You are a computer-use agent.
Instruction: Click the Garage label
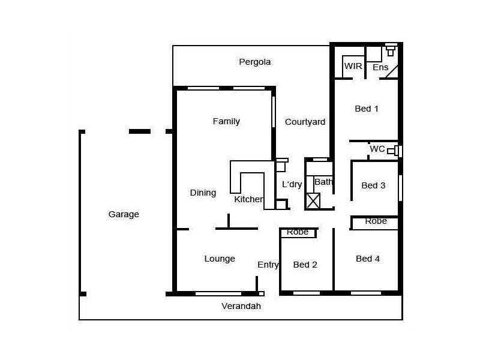pos(124,214)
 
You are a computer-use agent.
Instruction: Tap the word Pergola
pos(255,62)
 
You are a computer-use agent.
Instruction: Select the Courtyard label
pos(305,122)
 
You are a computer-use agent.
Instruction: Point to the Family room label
pos(226,121)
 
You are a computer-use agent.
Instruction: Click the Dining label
pos(203,193)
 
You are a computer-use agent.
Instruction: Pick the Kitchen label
pos(248,199)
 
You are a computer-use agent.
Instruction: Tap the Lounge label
pos(220,259)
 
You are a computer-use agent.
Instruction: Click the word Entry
pos(268,265)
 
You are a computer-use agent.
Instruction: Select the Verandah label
pos(242,306)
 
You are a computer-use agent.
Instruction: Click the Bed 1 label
pos(367,109)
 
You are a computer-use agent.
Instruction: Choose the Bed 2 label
pos(305,265)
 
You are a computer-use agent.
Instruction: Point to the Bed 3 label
pos(373,185)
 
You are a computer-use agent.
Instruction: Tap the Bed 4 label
pos(368,259)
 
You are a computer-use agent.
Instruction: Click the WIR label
pos(353,66)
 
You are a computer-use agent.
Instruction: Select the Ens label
pos(380,67)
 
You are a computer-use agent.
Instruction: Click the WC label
pos(377,149)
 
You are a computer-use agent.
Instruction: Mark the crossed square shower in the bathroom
pos(313,201)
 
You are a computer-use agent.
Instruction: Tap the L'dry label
pos(292,184)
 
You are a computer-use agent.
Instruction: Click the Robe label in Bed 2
pos(298,232)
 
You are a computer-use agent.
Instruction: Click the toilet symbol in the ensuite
pos(391,50)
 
